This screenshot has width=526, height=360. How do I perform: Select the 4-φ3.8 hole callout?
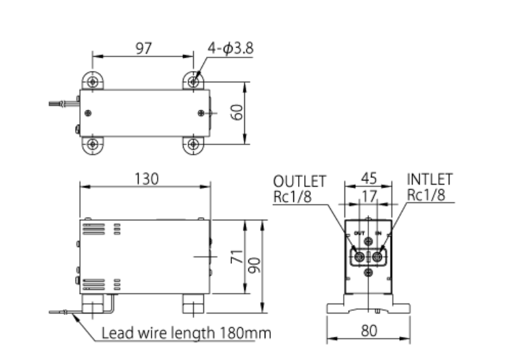231,48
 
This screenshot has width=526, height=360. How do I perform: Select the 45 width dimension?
368,179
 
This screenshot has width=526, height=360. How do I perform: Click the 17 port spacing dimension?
368,196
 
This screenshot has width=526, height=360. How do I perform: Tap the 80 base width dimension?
368,331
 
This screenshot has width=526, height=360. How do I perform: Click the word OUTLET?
299,181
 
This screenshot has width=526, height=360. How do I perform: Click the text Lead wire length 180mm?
186,333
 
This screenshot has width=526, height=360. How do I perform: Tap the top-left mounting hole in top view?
93,81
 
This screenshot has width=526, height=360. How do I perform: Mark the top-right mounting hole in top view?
194,81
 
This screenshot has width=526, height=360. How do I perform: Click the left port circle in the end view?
360,256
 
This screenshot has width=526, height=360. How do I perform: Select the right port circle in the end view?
377,256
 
